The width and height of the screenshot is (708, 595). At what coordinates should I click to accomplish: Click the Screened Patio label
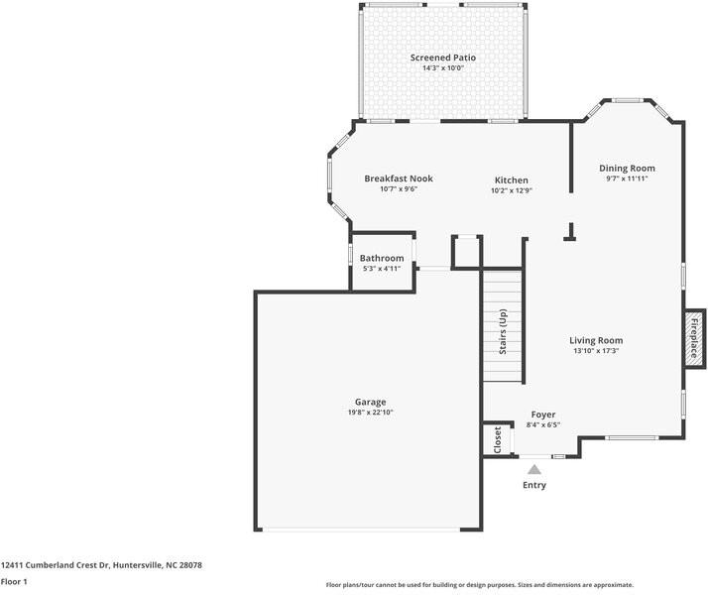coord(443,58)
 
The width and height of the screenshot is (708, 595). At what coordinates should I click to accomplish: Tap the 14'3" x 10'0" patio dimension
coord(443,68)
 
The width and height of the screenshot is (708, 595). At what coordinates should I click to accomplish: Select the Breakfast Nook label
coord(399,178)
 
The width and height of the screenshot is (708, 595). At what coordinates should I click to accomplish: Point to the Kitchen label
coord(511,180)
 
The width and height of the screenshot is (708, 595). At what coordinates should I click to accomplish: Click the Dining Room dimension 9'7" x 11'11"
coord(627,178)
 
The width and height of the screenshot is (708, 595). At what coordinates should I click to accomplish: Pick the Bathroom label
coord(382,258)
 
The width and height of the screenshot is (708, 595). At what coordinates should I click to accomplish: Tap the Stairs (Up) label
coord(503,331)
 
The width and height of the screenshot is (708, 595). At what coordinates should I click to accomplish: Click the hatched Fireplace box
coord(694,338)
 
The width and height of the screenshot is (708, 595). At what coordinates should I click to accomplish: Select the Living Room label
coord(596,340)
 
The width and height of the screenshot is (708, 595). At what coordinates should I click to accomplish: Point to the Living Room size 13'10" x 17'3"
coord(596,351)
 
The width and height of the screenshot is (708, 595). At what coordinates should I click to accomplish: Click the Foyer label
coord(543,415)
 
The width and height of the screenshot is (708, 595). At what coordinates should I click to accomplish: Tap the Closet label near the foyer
coord(498,439)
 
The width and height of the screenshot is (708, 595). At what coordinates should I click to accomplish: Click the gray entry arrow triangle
coord(534,470)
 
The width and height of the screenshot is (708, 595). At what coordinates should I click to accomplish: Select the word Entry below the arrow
coord(534,485)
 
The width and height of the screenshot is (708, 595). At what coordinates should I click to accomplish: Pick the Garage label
coord(370,402)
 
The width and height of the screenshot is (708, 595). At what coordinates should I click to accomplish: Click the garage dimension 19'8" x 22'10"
coord(370,413)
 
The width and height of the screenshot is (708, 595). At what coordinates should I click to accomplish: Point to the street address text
coord(101,565)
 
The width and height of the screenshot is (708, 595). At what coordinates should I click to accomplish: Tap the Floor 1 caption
coord(14,581)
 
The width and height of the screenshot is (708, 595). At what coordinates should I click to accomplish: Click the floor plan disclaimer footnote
coord(480,585)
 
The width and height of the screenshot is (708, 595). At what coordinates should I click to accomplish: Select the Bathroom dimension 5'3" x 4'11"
coord(382,269)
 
